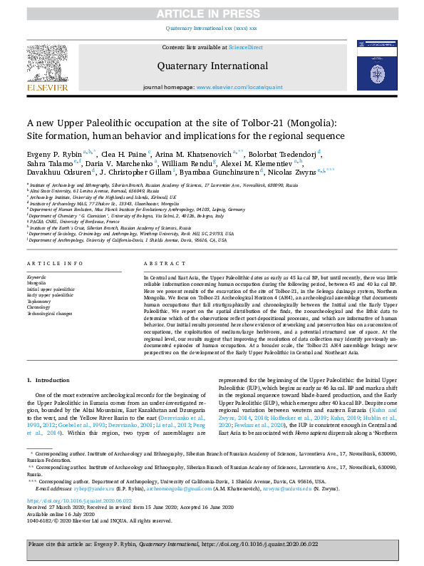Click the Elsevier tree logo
pyautogui.click(x=48, y=65)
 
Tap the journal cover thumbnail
pyautogui.click(x=376, y=65)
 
